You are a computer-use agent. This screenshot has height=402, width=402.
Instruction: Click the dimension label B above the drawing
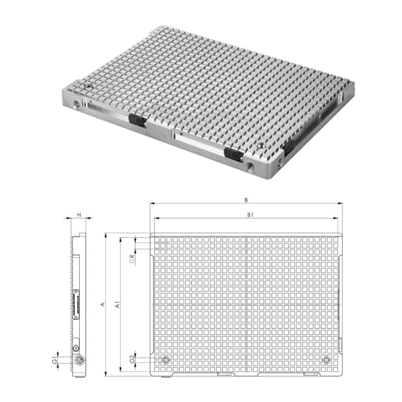(245, 199)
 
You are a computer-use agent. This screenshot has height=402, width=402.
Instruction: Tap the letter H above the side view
(79, 215)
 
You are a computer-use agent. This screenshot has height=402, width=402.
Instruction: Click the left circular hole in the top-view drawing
(166, 360)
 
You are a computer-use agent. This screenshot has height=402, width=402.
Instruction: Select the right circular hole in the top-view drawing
(326, 360)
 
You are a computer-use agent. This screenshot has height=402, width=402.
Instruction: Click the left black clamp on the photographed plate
(138, 119)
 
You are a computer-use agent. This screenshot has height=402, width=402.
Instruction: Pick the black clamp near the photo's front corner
(232, 153)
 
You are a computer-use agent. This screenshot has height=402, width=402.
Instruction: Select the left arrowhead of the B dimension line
(151, 203)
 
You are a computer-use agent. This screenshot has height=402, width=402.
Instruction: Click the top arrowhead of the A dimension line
(106, 235)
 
